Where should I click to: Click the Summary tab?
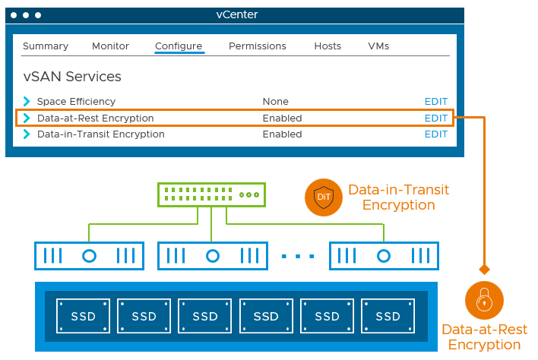point(46,46)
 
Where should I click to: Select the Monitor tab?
point(111,46)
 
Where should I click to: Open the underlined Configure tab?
point(179,46)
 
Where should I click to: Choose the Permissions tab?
point(258,46)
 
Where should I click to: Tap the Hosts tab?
point(328,46)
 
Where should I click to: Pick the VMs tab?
point(378,46)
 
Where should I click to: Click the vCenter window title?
point(237,14)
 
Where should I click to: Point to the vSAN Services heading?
point(72,77)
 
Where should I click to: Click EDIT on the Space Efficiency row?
point(436,102)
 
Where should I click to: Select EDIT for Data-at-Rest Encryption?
point(436,118)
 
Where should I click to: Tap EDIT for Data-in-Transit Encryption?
point(436,134)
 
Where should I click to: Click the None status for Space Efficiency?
point(275,102)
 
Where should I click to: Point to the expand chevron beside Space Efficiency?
point(27,102)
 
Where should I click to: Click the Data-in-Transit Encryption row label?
point(100,134)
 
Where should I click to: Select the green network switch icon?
point(211,194)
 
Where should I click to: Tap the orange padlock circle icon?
point(484,300)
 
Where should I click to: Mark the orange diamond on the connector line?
point(484,270)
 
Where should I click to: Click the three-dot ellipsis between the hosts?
point(298,256)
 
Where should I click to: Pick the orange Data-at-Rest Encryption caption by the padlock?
point(484,337)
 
